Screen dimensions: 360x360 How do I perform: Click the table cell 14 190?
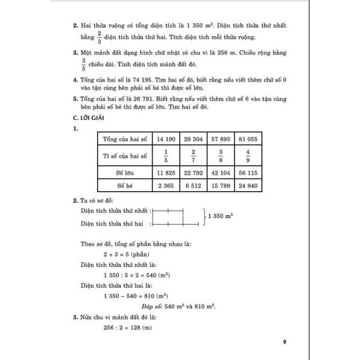click(x=166, y=138)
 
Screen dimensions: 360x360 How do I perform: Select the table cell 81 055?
click(x=248, y=138)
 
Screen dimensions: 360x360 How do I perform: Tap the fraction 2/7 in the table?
click(x=193, y=155)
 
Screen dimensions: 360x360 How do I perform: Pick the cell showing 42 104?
click(x=220, y=172)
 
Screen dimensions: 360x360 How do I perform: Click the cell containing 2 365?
click(x=166, y=186)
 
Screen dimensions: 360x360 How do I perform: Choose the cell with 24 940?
click(x=248, y=186)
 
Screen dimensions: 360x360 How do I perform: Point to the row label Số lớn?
click(x=125, y=172)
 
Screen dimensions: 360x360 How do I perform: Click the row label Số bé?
click(x=125, y=186)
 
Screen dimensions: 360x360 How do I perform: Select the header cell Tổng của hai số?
click(x=125, y=138)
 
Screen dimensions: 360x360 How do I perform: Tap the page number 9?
click(x=285, y=342)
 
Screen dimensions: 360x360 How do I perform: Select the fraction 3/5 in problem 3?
click(x=83, y=64)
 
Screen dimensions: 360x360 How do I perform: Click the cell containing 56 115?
click(x=248, y=172)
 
